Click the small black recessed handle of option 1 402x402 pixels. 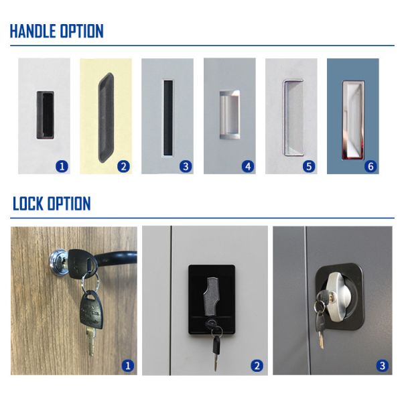coord(44,115)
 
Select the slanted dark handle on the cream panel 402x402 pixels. coord(105,116)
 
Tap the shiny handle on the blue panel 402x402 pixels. coord(352,117)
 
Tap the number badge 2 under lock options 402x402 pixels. coord(256,366)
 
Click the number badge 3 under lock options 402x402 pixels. coord(382,366)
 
